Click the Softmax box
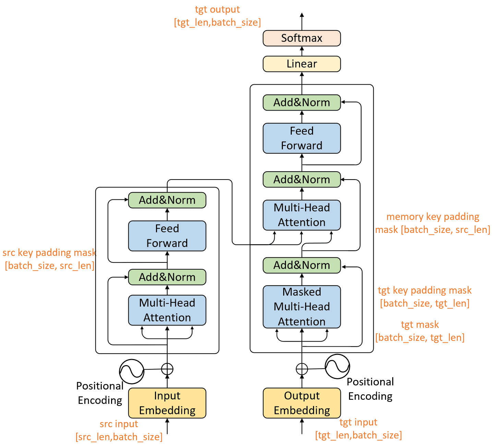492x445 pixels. click(x=301, y=38)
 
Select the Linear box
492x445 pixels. click(x=301, y=64)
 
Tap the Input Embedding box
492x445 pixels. click(x=167, y=403)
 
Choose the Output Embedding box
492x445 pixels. click(x=301, y=403)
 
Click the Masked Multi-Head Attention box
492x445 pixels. click(x=301, y=307)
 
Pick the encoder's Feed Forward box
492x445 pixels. click(x=167, y=236)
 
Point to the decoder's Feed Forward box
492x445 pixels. click(x=301, y=138)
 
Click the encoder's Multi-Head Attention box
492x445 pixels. click(x=167, y=310)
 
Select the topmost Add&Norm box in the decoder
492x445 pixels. click(x=301, y=102)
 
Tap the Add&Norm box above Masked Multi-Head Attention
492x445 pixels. click(x=301, y=265)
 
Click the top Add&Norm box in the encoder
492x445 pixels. click(x=167, y=200)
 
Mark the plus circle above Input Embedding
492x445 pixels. click(x=167, y=369)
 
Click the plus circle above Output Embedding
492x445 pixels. click(x=302, y=369)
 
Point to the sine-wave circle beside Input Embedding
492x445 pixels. click(x=131, y=371)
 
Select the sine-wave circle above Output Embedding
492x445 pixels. click(x=337, y=366)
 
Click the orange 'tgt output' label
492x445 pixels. click(x=217, y=9)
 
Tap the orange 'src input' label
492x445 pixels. click(x=119, y=424)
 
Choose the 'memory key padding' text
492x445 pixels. click(x=433, y=217)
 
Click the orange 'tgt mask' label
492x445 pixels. click(x=420, y=324)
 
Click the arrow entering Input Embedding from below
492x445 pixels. click(x=167, y=426)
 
